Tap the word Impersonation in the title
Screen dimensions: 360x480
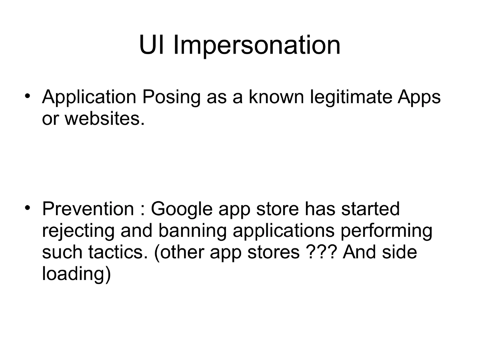click(257, 46)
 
